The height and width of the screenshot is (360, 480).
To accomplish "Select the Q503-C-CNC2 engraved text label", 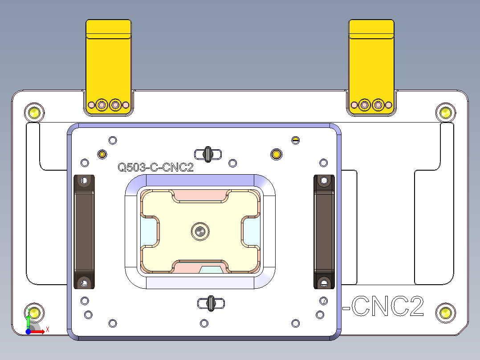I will coord(155,168).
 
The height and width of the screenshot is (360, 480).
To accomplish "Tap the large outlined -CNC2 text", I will coord(386,307).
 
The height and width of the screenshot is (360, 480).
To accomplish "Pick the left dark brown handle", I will coord(84,232).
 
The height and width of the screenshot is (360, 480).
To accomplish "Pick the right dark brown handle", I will coord(324,232).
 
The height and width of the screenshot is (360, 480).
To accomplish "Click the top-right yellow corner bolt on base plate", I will coord(445,113).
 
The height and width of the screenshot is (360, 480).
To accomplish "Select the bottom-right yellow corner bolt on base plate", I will coord(445,313).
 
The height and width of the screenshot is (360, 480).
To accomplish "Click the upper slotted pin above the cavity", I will coord(208,154).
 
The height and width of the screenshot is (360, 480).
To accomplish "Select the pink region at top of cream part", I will coord(200,195).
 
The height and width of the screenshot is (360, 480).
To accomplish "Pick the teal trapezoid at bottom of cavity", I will coord(212,270).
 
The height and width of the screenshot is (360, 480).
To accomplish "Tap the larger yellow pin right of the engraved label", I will coord(277,154).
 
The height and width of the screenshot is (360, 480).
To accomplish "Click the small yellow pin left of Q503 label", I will coord(102,154).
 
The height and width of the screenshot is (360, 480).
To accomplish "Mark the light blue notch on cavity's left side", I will coord(148,231).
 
